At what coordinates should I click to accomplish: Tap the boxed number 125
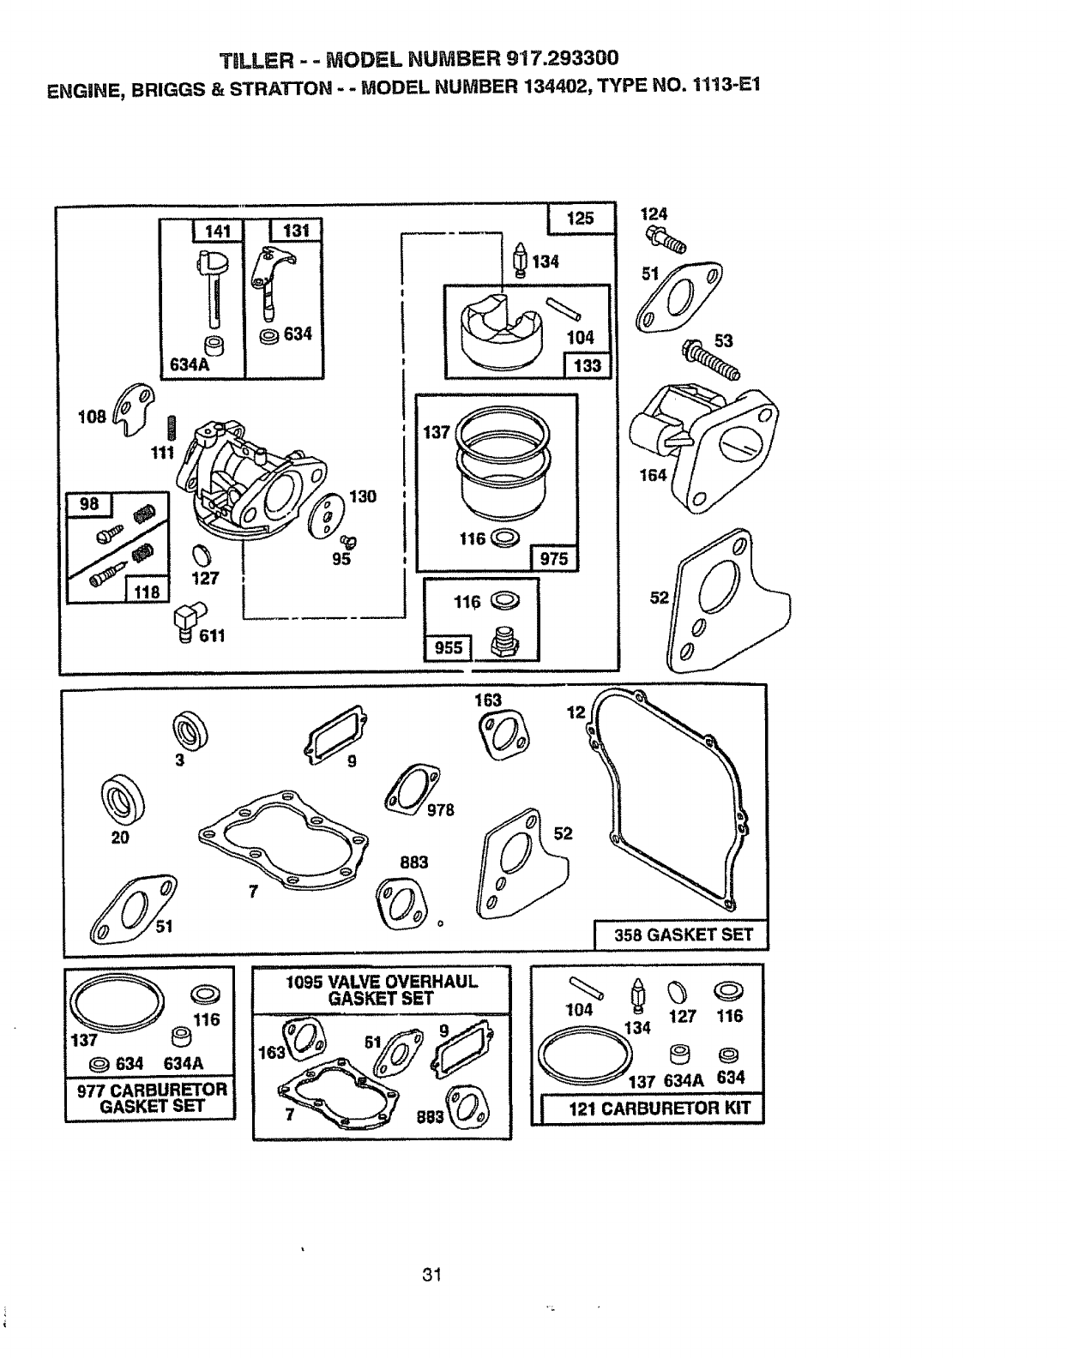point(581,218)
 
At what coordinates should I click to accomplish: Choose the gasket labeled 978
point(413,787)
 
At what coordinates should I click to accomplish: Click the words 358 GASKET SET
point(683,934)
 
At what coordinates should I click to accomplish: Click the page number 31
point(431,1275)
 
